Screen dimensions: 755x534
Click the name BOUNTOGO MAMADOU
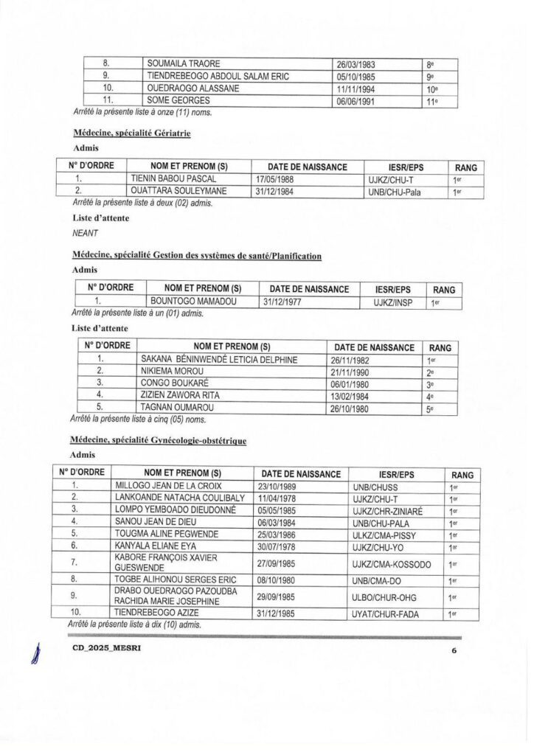(189, 302)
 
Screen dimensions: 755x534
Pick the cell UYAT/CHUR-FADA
(391, 614)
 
